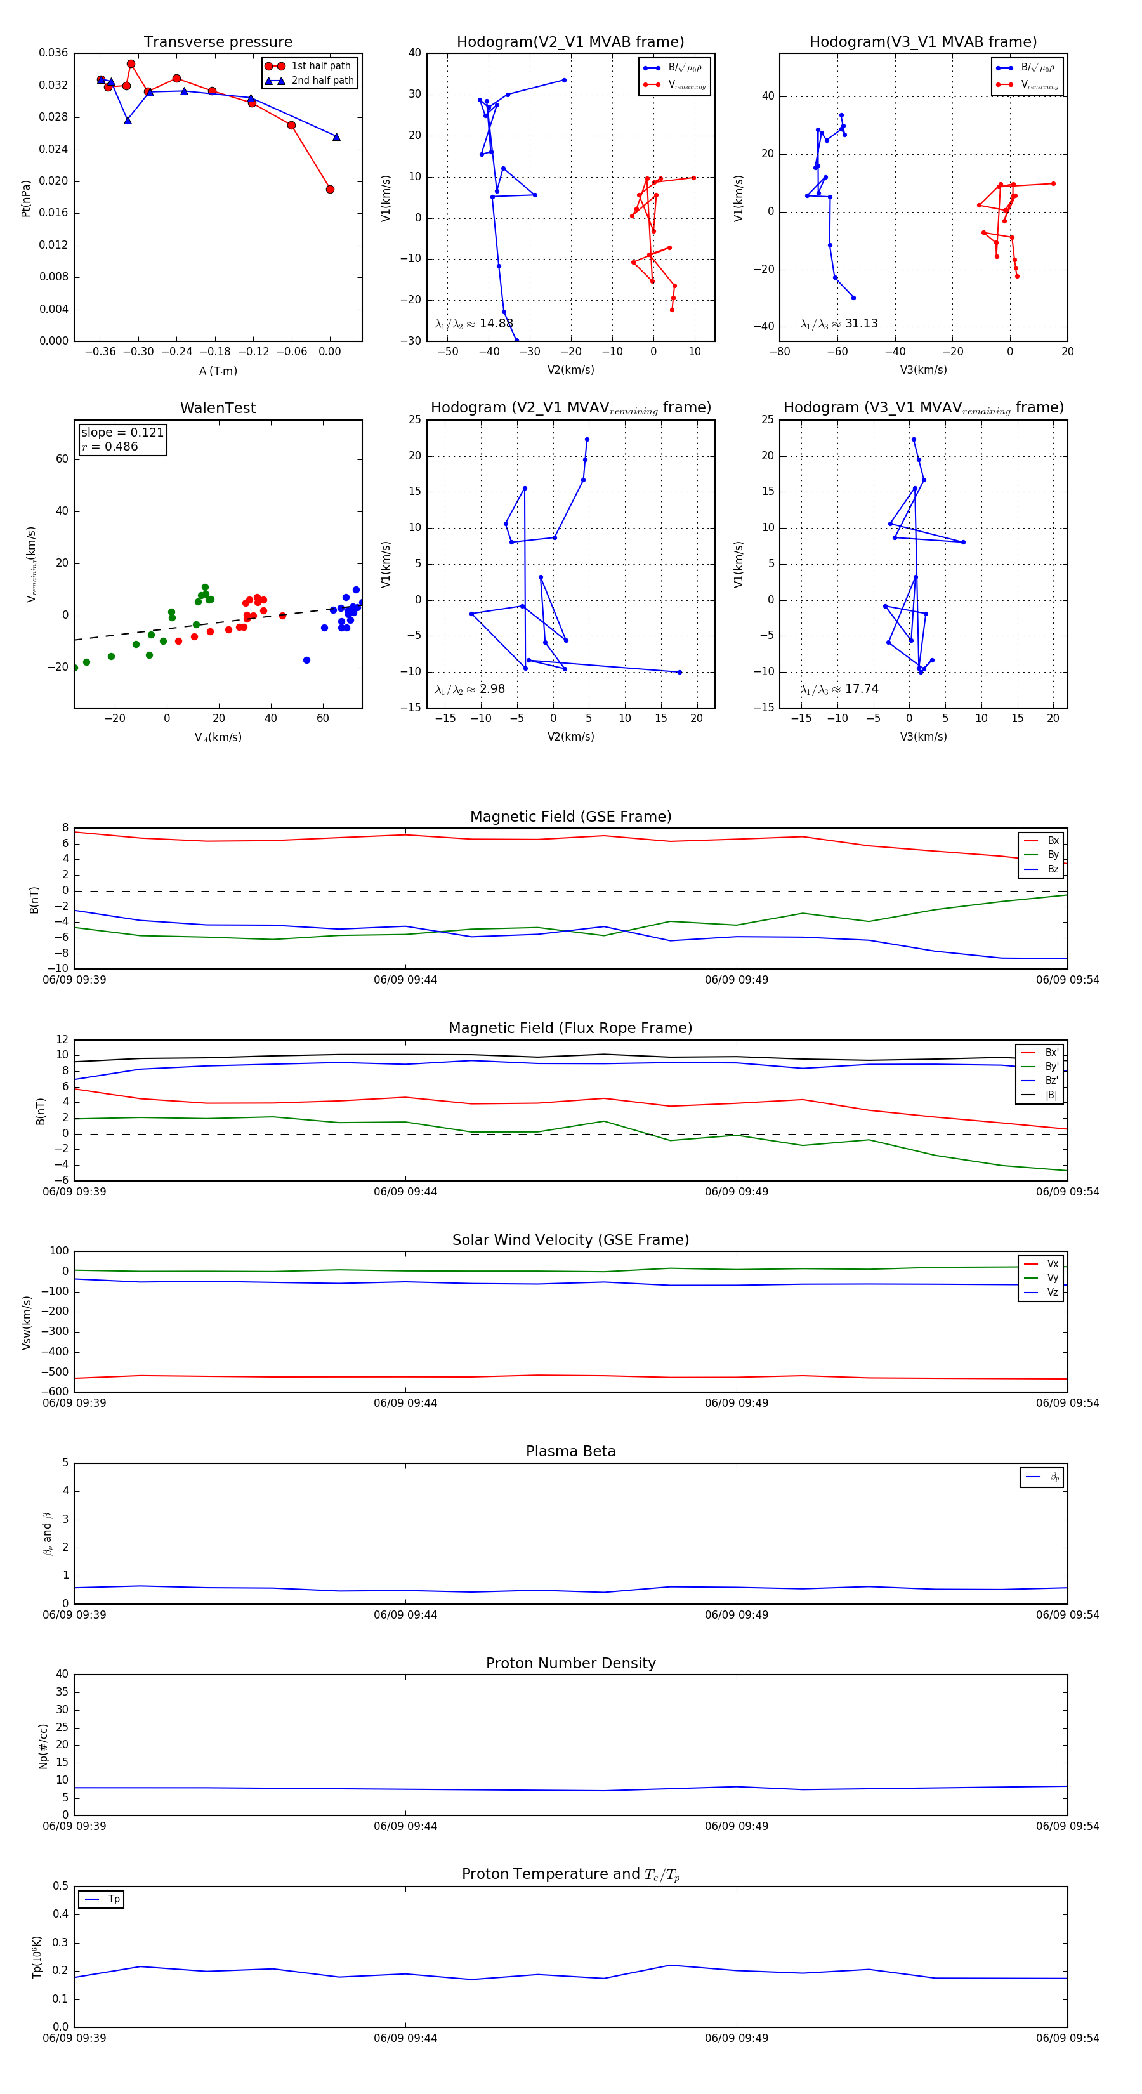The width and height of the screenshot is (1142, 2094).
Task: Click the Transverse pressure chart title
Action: point(218,43)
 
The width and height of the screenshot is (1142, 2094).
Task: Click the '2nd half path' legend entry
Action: point(322,81)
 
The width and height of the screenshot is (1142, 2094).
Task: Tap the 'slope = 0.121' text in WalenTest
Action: point(122,433)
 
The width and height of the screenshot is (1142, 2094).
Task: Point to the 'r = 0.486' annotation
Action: point(110,446)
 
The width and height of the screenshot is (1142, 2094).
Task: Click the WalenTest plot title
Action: point(218,408)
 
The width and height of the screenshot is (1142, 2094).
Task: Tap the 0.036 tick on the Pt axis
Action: point(54,53)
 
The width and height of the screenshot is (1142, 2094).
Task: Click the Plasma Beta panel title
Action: point(570,1452)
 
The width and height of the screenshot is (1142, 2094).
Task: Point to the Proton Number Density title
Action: point(570,1663)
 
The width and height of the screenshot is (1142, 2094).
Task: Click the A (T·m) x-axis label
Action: point(218,371)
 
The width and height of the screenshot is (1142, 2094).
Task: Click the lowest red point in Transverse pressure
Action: point(330,189)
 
